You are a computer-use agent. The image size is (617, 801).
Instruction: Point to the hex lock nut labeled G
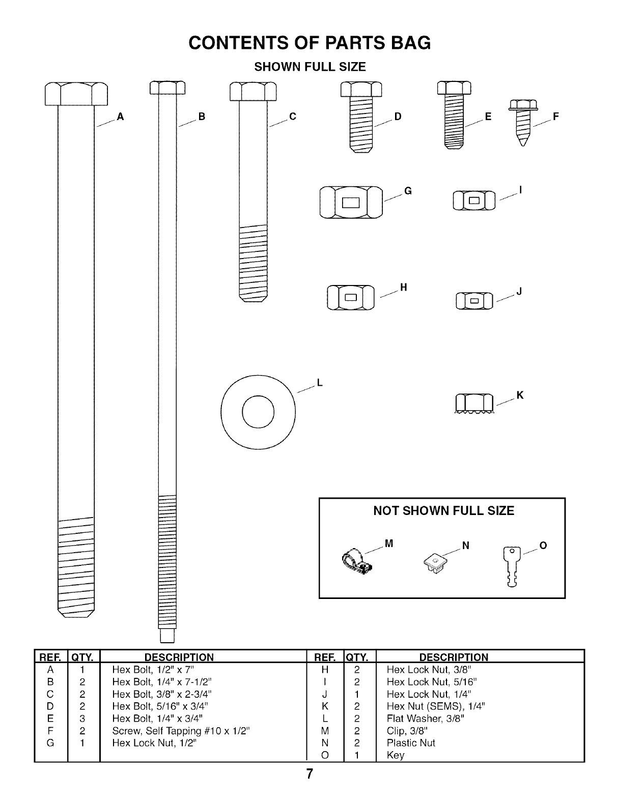351,202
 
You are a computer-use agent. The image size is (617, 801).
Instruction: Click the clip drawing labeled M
357,563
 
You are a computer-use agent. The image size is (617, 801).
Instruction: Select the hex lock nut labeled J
474,301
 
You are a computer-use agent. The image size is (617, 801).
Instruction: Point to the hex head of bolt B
167,88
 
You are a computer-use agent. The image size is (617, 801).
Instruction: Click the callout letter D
398,117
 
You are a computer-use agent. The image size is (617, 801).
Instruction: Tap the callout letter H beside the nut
403,288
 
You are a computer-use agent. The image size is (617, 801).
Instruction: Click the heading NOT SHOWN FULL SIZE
443,511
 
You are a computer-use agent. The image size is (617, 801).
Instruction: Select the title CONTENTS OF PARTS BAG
310,43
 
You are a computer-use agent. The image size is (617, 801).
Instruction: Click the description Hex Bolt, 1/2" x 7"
153,670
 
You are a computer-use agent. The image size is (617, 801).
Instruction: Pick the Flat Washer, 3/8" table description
426,719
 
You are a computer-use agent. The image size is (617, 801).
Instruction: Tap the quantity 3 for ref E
82,719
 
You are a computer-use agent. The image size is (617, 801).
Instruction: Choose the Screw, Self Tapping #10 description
181,731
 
